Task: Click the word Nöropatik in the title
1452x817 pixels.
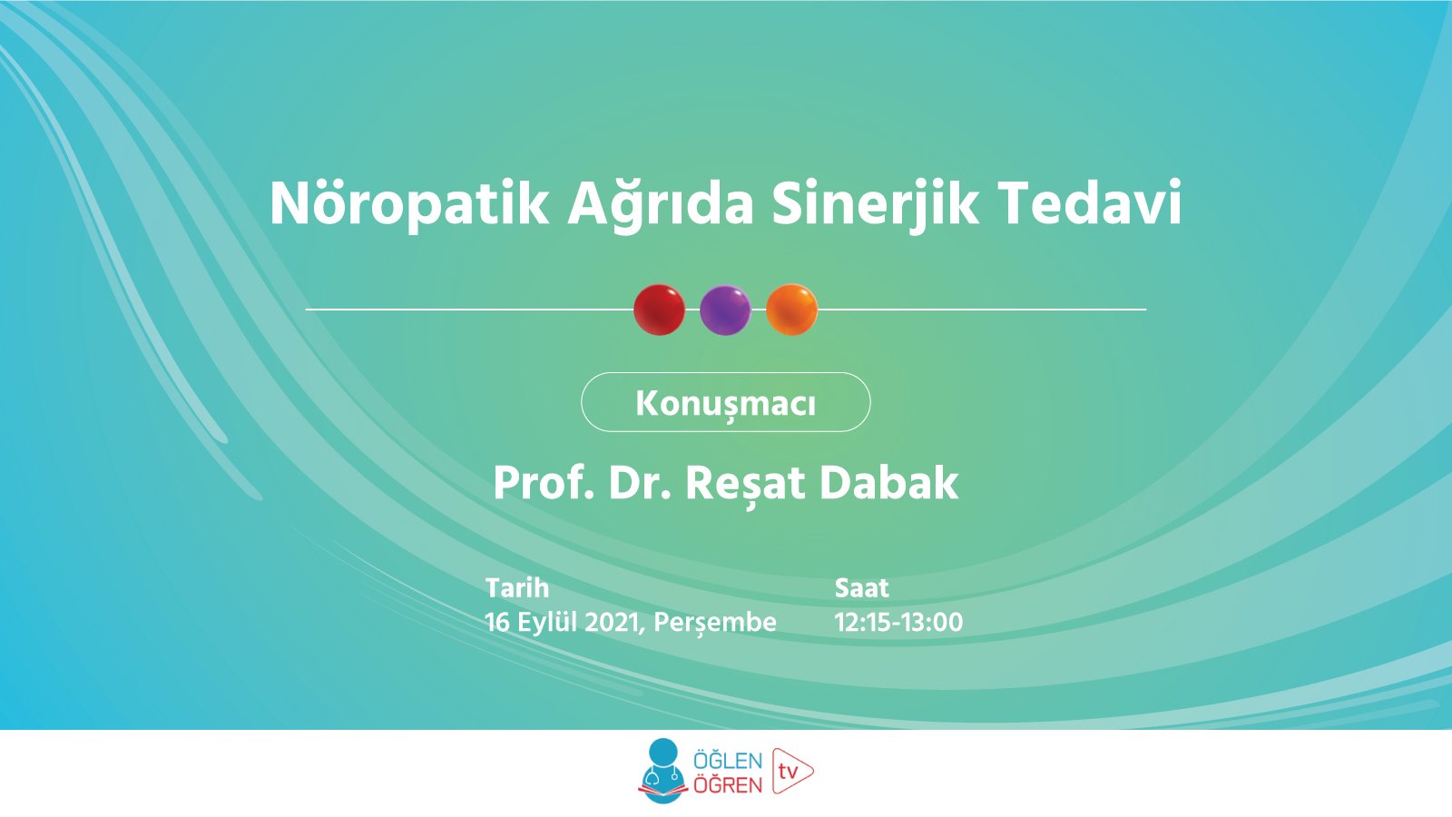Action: (409, 203)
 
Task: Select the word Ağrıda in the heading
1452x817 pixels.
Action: (661, 203)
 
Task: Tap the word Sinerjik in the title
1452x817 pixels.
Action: (876, 203)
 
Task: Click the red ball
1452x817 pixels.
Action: (659, 310)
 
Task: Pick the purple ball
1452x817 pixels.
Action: (725, 310)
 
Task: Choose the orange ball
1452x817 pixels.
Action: (791, 310)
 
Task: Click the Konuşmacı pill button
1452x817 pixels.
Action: (725, 402)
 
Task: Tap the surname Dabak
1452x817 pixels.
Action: (888, 482)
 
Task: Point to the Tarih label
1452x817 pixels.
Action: (517, 587)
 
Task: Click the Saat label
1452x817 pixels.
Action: (861, 587)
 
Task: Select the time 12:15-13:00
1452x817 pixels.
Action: (898, 622)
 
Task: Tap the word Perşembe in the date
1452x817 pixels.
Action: (715, 622)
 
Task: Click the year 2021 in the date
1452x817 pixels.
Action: (613, 622)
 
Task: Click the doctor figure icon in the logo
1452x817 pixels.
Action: (662, 771)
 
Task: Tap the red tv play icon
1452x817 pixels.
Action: (792, 772)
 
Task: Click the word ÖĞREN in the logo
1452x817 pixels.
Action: (728, 784)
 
